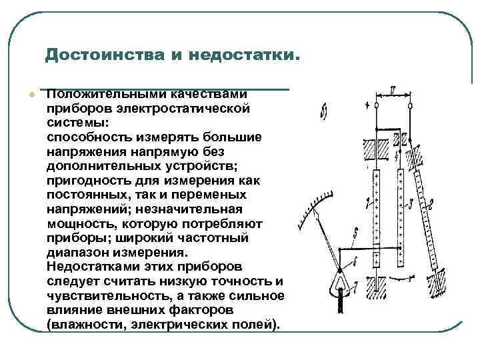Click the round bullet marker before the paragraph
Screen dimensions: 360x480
point(31,95)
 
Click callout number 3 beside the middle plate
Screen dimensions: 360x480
point(413,202)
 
